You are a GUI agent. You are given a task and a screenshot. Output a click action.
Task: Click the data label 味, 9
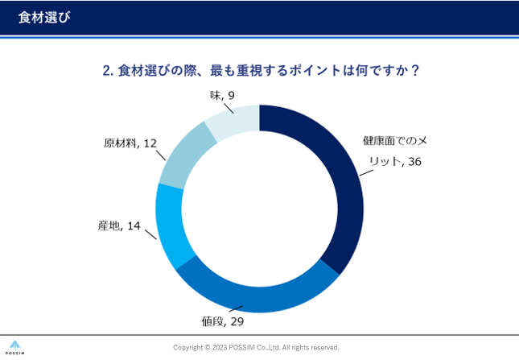tap(221, 94)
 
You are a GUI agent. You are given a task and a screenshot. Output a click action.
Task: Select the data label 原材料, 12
tap(130, 143)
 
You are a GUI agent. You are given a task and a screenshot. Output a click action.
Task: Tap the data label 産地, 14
tap(119, 226)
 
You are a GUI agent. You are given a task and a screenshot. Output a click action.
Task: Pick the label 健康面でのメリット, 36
tap(394, 151)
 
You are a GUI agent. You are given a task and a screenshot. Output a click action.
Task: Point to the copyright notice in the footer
tap(256, 347)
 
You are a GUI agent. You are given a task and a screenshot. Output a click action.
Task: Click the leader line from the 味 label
tap(230, 107)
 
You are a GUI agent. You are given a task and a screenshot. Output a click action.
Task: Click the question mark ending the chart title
tap(414, 70)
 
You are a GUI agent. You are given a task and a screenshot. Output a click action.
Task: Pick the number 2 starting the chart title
tap(106, 70)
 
